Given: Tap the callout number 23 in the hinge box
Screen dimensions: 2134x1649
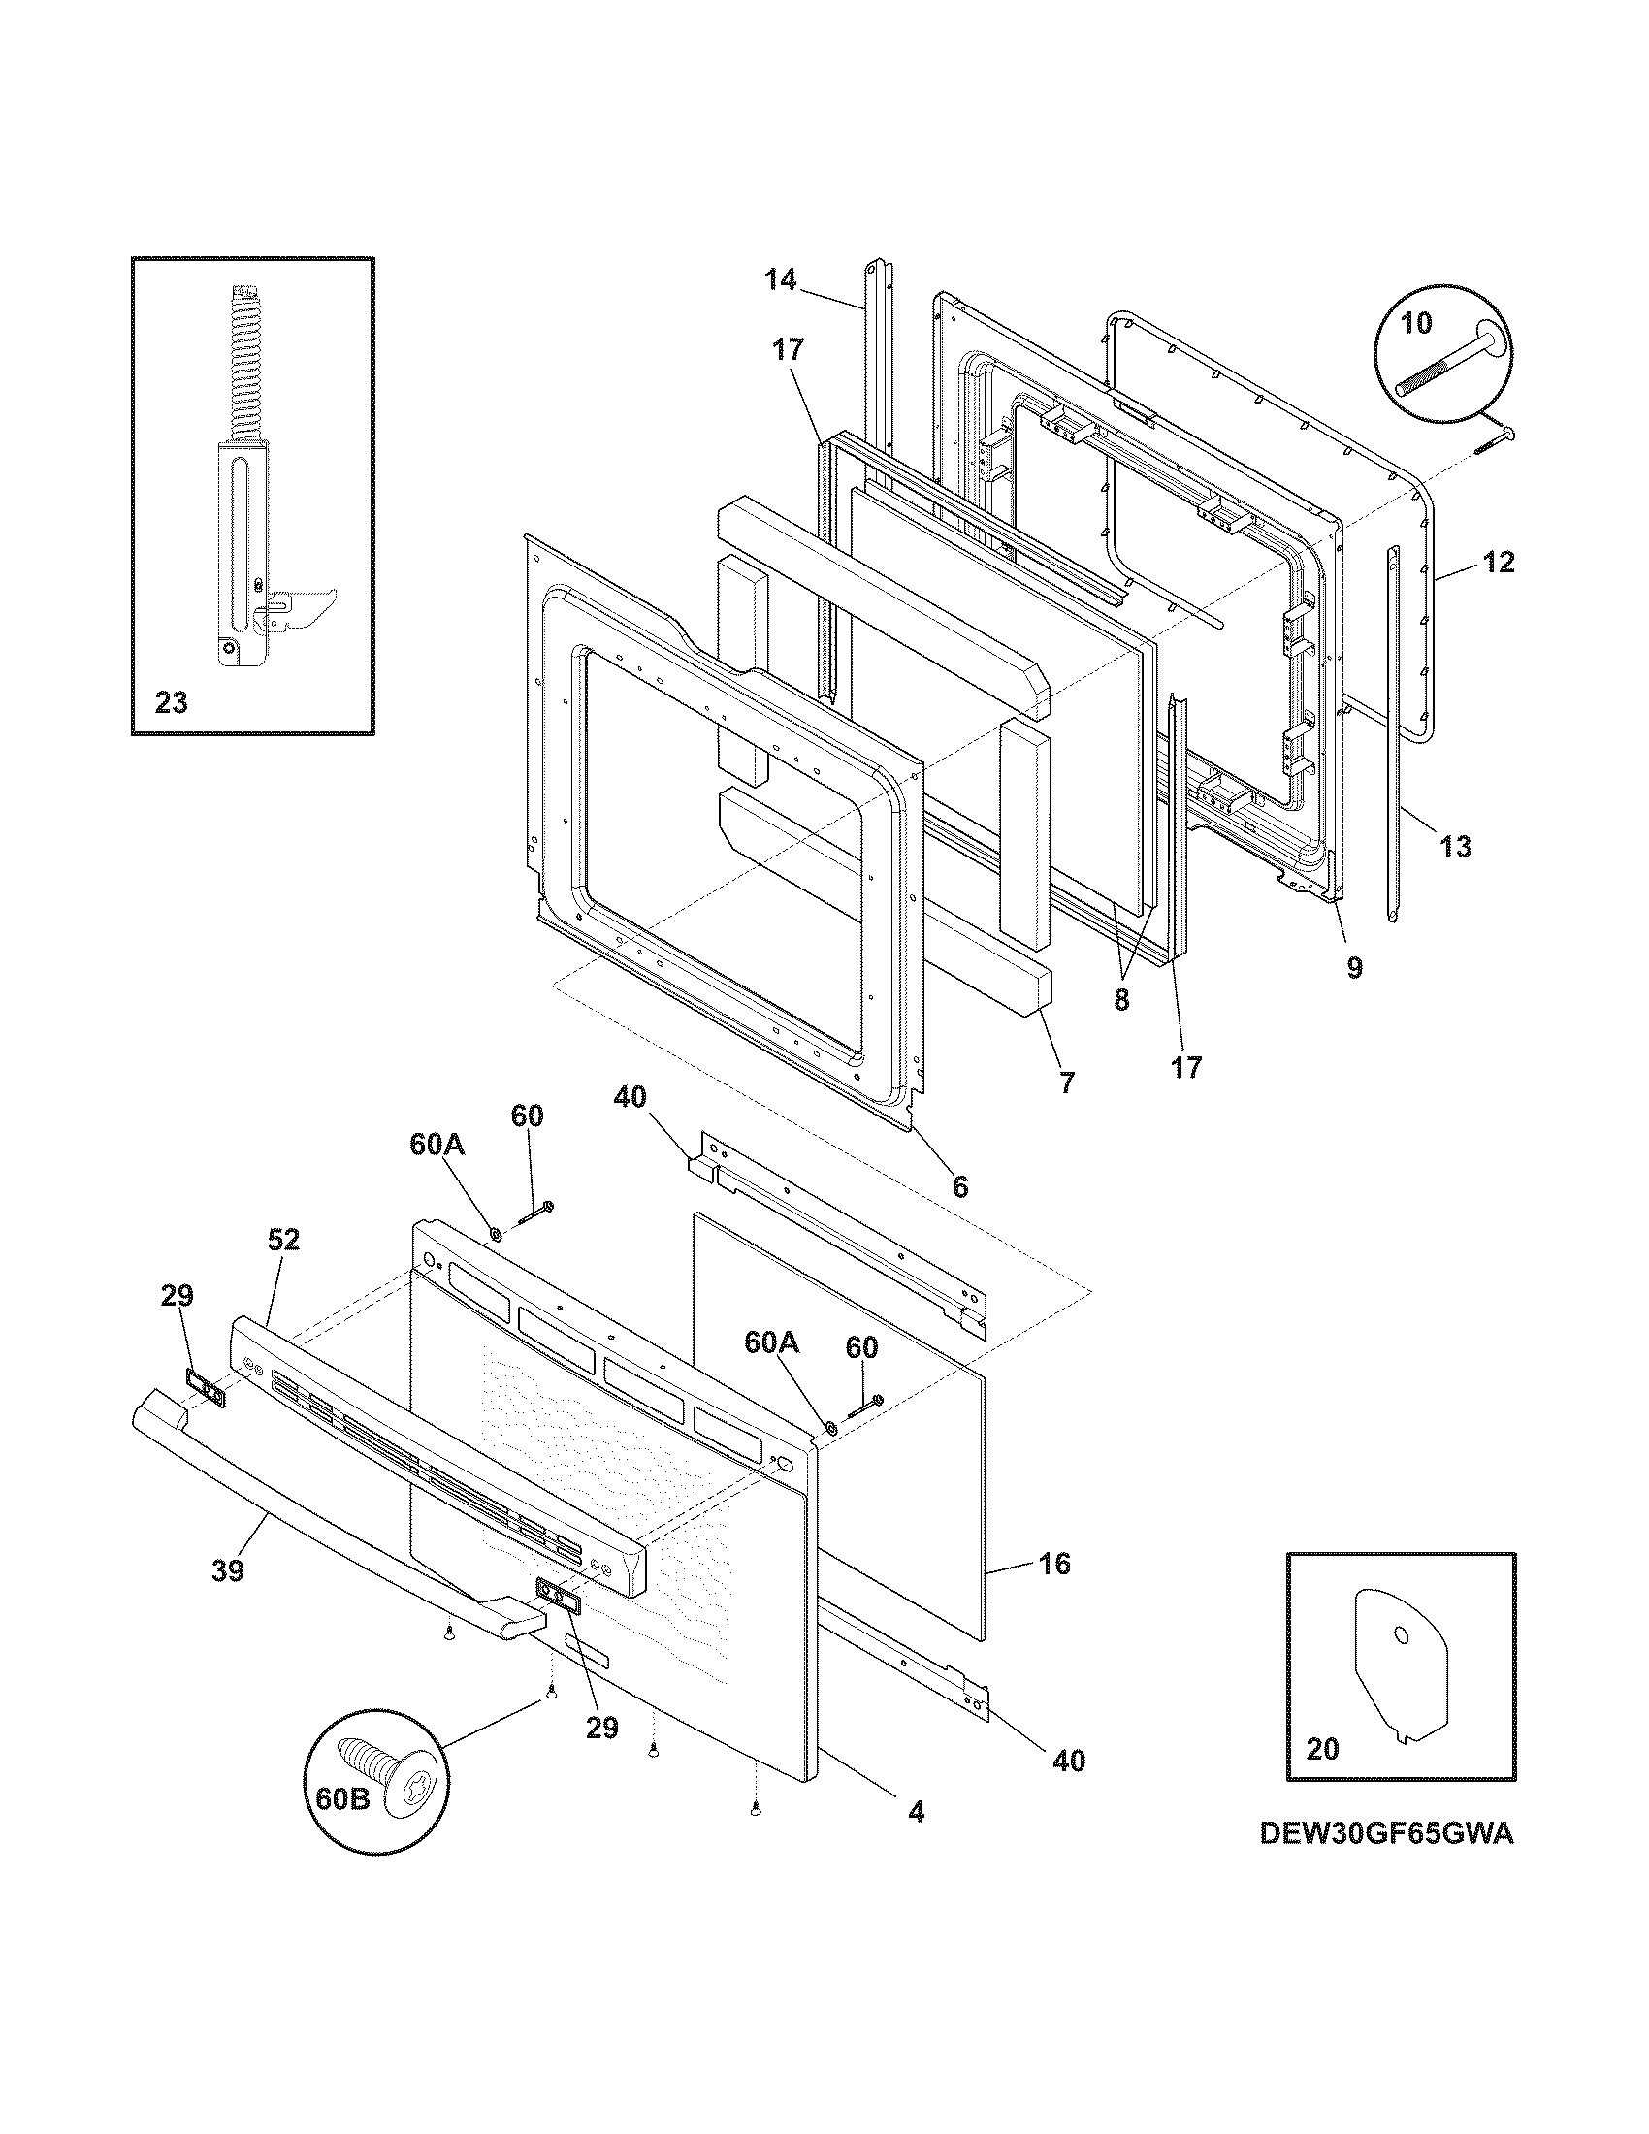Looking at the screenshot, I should tap(171, 702).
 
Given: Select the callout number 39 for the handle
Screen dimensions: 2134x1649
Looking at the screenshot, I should tap(228, 1570).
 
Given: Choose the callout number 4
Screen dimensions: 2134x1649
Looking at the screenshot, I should tap(916, 1812).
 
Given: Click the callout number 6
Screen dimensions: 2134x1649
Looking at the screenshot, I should tap(960, 1186).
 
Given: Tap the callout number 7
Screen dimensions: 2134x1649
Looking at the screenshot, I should tap(1066, 1083).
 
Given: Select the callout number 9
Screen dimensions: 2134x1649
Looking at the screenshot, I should tap(1354, 967).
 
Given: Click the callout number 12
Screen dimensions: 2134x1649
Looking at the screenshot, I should tap(1499, 562).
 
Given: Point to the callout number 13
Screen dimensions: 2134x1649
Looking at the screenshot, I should tap(1456, 846).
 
